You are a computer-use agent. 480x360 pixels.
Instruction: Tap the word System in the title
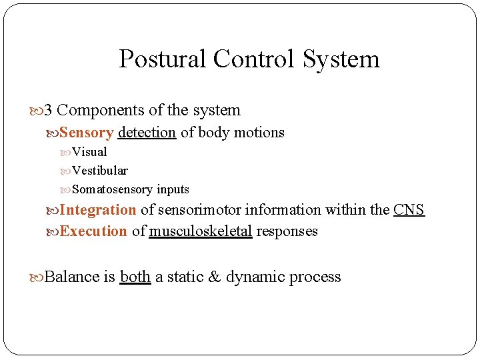coord(341,59)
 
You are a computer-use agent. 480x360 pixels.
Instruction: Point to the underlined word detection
coord(147,133)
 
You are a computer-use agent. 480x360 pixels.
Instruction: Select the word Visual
coord(89,152)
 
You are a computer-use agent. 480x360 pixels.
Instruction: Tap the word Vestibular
coord(100,171)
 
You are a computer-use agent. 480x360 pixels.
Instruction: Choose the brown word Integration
coord(98,210)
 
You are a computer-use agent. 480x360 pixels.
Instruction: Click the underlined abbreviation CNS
coord(409,210)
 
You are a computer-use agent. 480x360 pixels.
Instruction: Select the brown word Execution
coord(93,231)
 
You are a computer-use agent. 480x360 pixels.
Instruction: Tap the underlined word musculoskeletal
coord(201,231)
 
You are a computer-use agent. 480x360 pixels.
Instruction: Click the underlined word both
coord(135,277)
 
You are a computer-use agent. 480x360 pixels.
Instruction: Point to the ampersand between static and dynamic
coord(214,277)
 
